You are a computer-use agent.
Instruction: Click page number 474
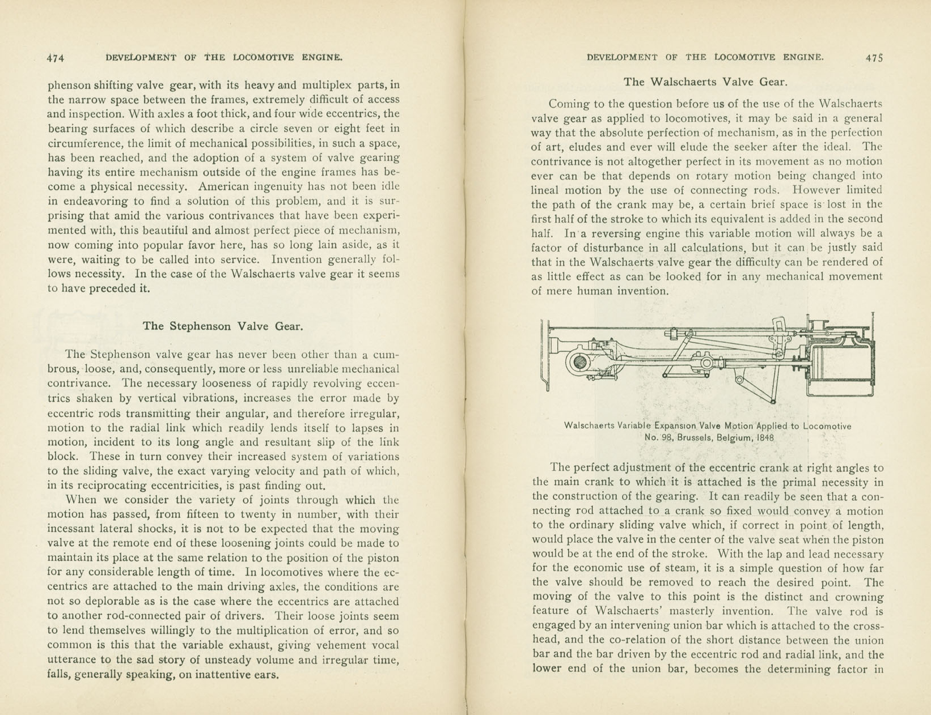pos(56,58)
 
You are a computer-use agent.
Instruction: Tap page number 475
pos(874,58)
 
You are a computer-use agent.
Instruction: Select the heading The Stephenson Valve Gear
pos(223,326)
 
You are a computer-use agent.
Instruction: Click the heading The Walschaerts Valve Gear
pos(705,82)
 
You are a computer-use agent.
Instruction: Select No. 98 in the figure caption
pos(658,438)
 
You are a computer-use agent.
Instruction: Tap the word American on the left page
pos(225,186)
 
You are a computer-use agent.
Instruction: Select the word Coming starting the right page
pos(569,104)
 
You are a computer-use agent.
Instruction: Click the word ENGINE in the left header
pos(321,58)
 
